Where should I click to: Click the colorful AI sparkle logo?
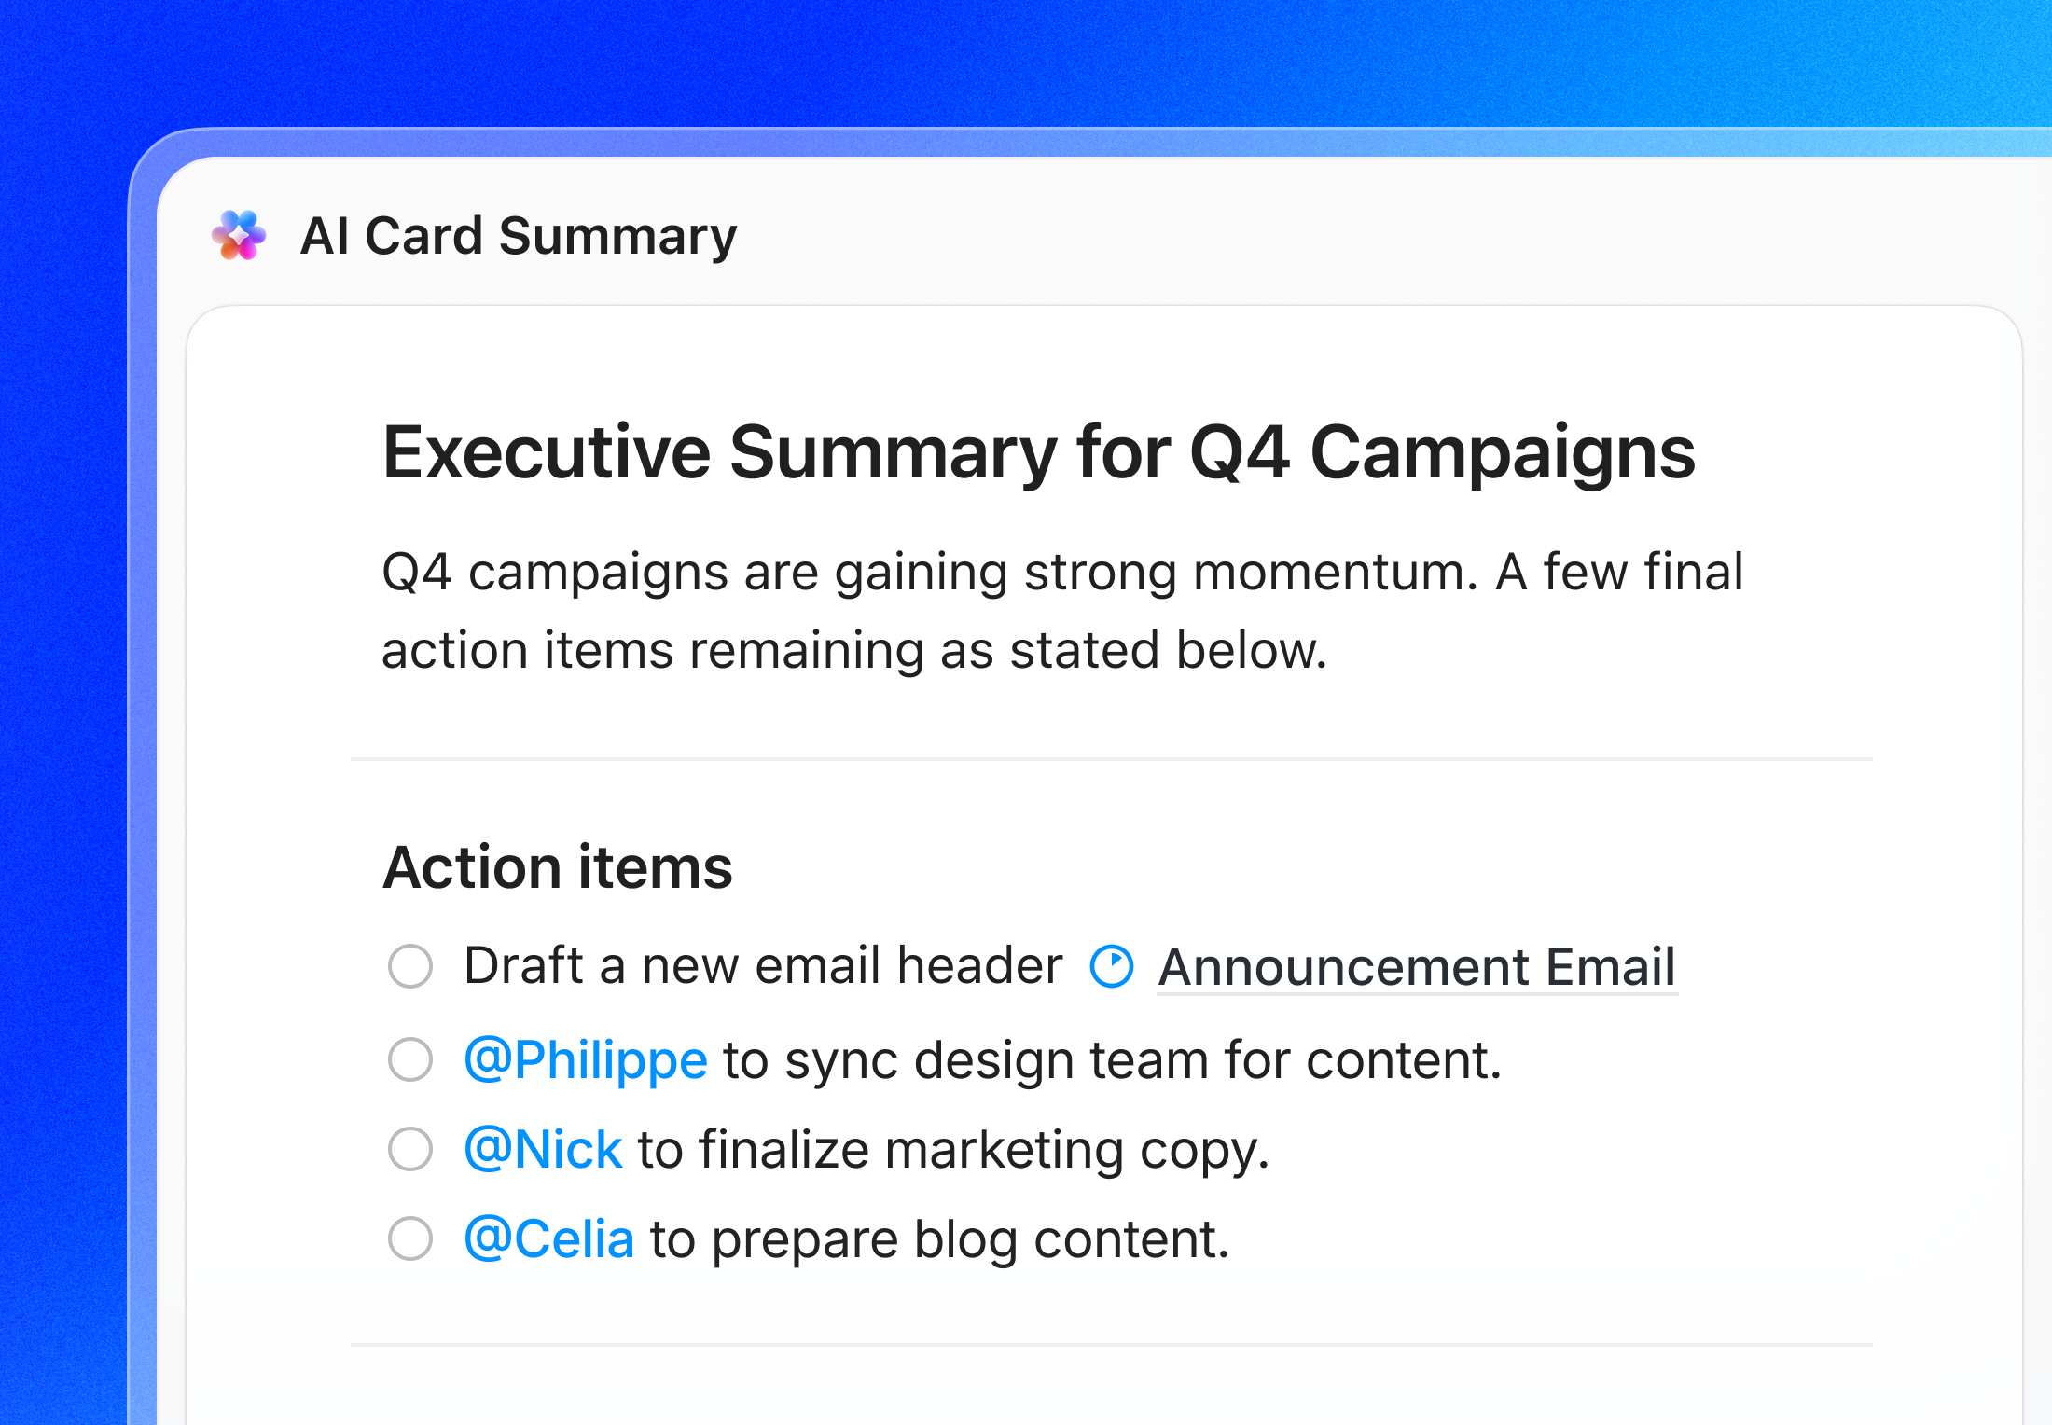(239, 235)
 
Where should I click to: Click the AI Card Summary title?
(519, 236)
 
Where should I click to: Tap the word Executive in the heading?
(547, 453)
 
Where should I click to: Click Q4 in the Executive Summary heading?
(1240, 453)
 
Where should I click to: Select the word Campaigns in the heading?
(1503, 453)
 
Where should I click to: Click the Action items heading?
(558, 867)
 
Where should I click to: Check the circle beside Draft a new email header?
(410, 966)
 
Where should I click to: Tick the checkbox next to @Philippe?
(410, 1059)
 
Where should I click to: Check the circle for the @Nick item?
(410, 1149)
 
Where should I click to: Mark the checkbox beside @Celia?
(410, 1238)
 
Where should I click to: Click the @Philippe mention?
(586, 1059)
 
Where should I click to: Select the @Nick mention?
(543, 1149)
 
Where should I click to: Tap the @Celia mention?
(549, 1238)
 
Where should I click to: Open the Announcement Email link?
(1417, 966)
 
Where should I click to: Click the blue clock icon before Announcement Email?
(1112, 966)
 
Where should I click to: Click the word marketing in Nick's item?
(1004, 1149)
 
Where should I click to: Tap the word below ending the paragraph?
(1250, 650)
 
